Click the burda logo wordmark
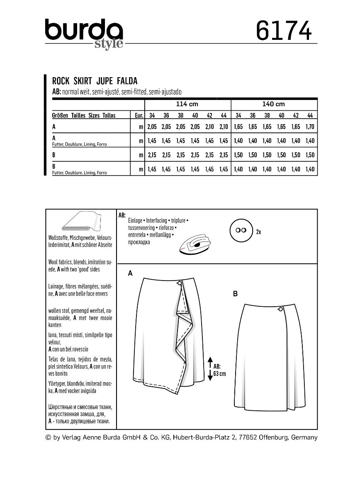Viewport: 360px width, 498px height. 84,32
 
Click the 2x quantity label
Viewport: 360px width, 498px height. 258,232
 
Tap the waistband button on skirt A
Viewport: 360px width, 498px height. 179,283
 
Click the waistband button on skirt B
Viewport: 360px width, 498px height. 280,309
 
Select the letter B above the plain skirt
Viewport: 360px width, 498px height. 235,294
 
